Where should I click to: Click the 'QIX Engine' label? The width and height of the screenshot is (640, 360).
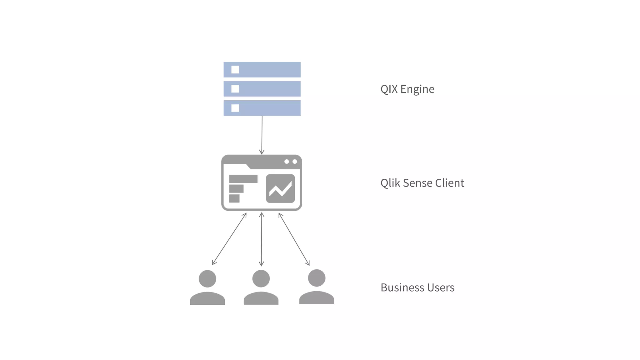point(407,89)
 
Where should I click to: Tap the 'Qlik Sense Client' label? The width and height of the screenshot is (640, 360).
point(422,183)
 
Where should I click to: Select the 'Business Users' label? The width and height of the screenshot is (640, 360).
point(417,287)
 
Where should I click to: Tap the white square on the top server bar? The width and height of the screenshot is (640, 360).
point(235,70)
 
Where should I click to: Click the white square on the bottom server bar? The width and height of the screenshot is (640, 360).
point(235,108)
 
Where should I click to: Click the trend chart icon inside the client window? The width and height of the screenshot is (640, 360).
point(280,188)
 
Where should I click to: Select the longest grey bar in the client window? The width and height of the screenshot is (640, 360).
point(243,179)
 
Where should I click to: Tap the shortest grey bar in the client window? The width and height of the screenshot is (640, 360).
point(234,198)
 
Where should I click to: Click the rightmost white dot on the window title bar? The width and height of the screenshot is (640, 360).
point(295,162)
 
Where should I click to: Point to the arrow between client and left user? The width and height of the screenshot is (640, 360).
point(229,239)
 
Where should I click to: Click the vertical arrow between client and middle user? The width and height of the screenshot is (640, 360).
point(262,239)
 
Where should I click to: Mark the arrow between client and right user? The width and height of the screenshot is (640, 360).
point(294,239)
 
